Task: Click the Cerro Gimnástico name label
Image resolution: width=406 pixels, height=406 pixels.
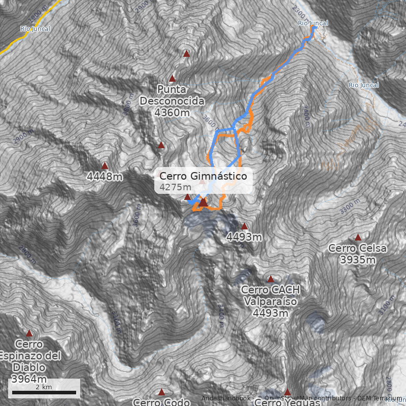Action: pos(203,176)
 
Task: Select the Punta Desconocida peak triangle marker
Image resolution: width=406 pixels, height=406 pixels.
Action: pos(172,79)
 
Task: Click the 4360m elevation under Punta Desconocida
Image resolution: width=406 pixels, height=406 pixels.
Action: pos(172,113)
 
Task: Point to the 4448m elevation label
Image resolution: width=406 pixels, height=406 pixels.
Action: pos(105,177)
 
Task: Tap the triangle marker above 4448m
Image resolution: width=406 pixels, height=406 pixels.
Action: pos(105,165)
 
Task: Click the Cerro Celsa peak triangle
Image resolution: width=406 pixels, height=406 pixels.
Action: pos(358,237)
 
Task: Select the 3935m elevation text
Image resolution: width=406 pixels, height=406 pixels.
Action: pos(357,260)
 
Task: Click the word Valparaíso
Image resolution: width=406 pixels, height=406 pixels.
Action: pos(270,301)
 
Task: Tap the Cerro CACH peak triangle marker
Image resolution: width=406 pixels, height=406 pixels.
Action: pos(270,279)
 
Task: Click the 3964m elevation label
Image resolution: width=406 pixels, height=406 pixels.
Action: pos(29,379)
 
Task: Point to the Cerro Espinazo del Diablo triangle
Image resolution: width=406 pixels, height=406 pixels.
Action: pos(29,333)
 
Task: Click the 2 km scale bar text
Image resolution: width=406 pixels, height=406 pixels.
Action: pos(44,387)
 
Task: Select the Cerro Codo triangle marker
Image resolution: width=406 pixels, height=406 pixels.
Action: pos(161,392)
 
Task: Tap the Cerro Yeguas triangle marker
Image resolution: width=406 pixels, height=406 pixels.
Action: pos(287,392)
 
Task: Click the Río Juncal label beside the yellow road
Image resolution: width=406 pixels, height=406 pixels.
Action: pos(35,28)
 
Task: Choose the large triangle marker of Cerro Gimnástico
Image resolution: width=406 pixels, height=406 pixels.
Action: pos(203,202)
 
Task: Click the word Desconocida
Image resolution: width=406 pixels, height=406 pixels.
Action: pos(172,101)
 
